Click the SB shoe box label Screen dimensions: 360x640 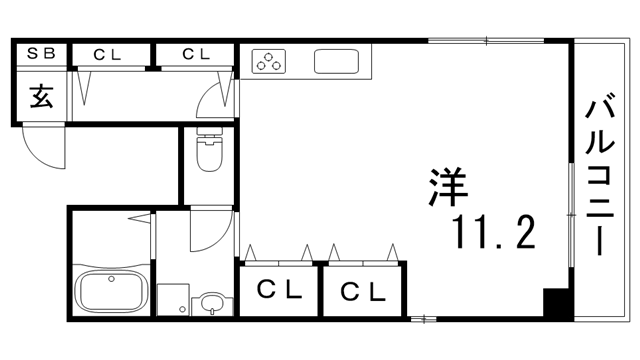(x=40, y=52)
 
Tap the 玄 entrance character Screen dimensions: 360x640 (x=41, y=97)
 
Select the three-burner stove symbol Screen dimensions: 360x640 (x=270, y=63)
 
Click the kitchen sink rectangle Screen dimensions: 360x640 (x=338, y=63)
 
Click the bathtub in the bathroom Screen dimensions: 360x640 (x=111, y=293)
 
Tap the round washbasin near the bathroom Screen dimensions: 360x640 (x=212, y=303)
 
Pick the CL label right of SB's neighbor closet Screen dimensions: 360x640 (x=195, y=52)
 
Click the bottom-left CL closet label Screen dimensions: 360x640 (x=280, y=291)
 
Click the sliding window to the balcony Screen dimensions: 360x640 (x=571, y=215)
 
